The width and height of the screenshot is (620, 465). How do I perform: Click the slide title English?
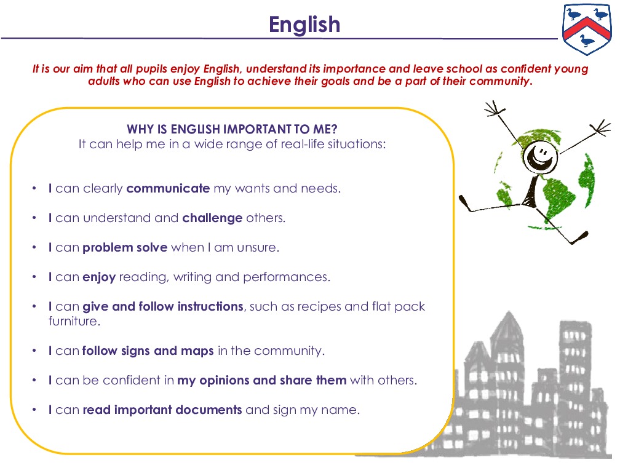304,25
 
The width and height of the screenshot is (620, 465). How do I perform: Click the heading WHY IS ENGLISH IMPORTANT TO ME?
232,129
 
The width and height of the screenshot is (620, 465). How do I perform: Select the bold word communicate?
168,189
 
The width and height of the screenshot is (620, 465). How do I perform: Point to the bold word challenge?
212,218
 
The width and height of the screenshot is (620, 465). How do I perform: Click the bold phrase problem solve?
125,247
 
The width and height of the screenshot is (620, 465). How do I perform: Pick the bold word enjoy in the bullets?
99,277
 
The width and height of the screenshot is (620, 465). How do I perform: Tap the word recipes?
320,306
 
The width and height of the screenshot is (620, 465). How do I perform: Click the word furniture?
73,321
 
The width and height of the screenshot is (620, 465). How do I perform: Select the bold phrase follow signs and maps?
148,351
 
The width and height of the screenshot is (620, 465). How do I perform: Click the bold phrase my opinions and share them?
261,381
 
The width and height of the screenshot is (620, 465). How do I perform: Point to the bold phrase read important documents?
162,410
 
